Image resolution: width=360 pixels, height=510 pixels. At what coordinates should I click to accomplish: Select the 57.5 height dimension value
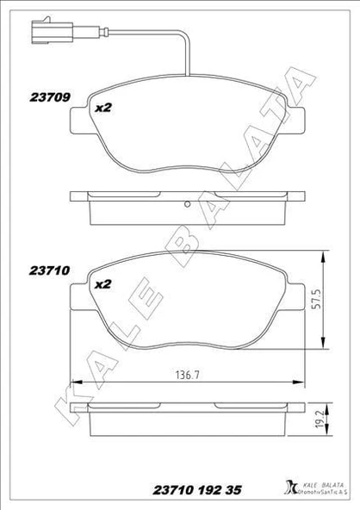click(x=317, y=298)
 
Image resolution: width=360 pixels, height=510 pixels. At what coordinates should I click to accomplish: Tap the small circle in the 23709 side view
click(x=187, y=204)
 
